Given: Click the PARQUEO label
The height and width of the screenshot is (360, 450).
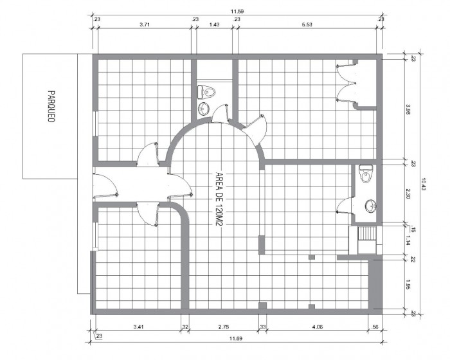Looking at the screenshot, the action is (x=51, y=107).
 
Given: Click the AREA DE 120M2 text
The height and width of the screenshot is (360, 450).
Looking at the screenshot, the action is (x=219, y=199).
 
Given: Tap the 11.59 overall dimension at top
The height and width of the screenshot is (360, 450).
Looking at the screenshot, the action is (x=237, y=12).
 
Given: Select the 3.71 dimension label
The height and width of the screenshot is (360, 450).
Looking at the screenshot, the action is (x=145, y=24).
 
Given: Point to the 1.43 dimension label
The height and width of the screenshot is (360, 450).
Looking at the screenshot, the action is (x=214, y=24).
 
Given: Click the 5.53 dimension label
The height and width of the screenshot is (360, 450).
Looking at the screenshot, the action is (x=307, y=24).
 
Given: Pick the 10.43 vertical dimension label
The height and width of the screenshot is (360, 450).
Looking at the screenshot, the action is (x=424, y=184).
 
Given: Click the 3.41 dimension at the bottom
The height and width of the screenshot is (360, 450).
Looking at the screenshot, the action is (x=138, y=327).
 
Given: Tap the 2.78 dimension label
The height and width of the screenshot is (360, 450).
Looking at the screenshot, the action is (x=224, y=327).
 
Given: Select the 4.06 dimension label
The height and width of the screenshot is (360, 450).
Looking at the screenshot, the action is (x=317, y=327).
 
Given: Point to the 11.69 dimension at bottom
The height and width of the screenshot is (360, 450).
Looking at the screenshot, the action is (x=236, y=339).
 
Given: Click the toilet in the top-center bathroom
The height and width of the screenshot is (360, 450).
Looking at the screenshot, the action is (x=206, y=92).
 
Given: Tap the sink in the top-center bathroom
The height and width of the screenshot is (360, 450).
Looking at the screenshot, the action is (x=204, y=109).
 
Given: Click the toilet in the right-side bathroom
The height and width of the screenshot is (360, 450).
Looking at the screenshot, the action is (x=366, y=174).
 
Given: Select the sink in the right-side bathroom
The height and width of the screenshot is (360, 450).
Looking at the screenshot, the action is (x=371, y=206).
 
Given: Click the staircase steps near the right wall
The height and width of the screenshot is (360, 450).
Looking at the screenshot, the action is (x=367, y=233).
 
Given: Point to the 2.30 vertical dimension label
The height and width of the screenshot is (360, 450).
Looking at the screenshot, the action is (x=408, y=194).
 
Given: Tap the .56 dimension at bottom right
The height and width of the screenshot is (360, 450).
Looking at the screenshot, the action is (x=375, y=327).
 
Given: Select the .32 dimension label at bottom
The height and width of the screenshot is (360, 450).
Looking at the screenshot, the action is (x=185, y=327).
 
